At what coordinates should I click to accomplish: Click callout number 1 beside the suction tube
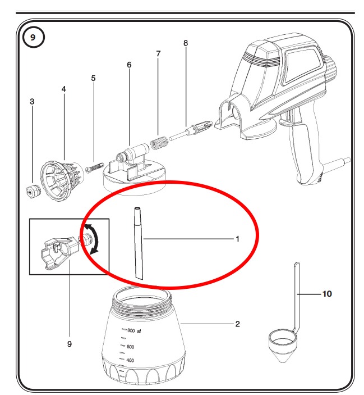pos(237,239)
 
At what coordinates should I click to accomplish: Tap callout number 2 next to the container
pos(237,324)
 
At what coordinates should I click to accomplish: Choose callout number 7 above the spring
pos(158,54)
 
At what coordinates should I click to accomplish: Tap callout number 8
pos(186,43)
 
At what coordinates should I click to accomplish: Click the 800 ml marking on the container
pos(133,330)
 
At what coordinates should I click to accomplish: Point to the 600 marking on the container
pos(130,347)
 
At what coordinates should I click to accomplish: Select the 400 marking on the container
pos(130,360)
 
